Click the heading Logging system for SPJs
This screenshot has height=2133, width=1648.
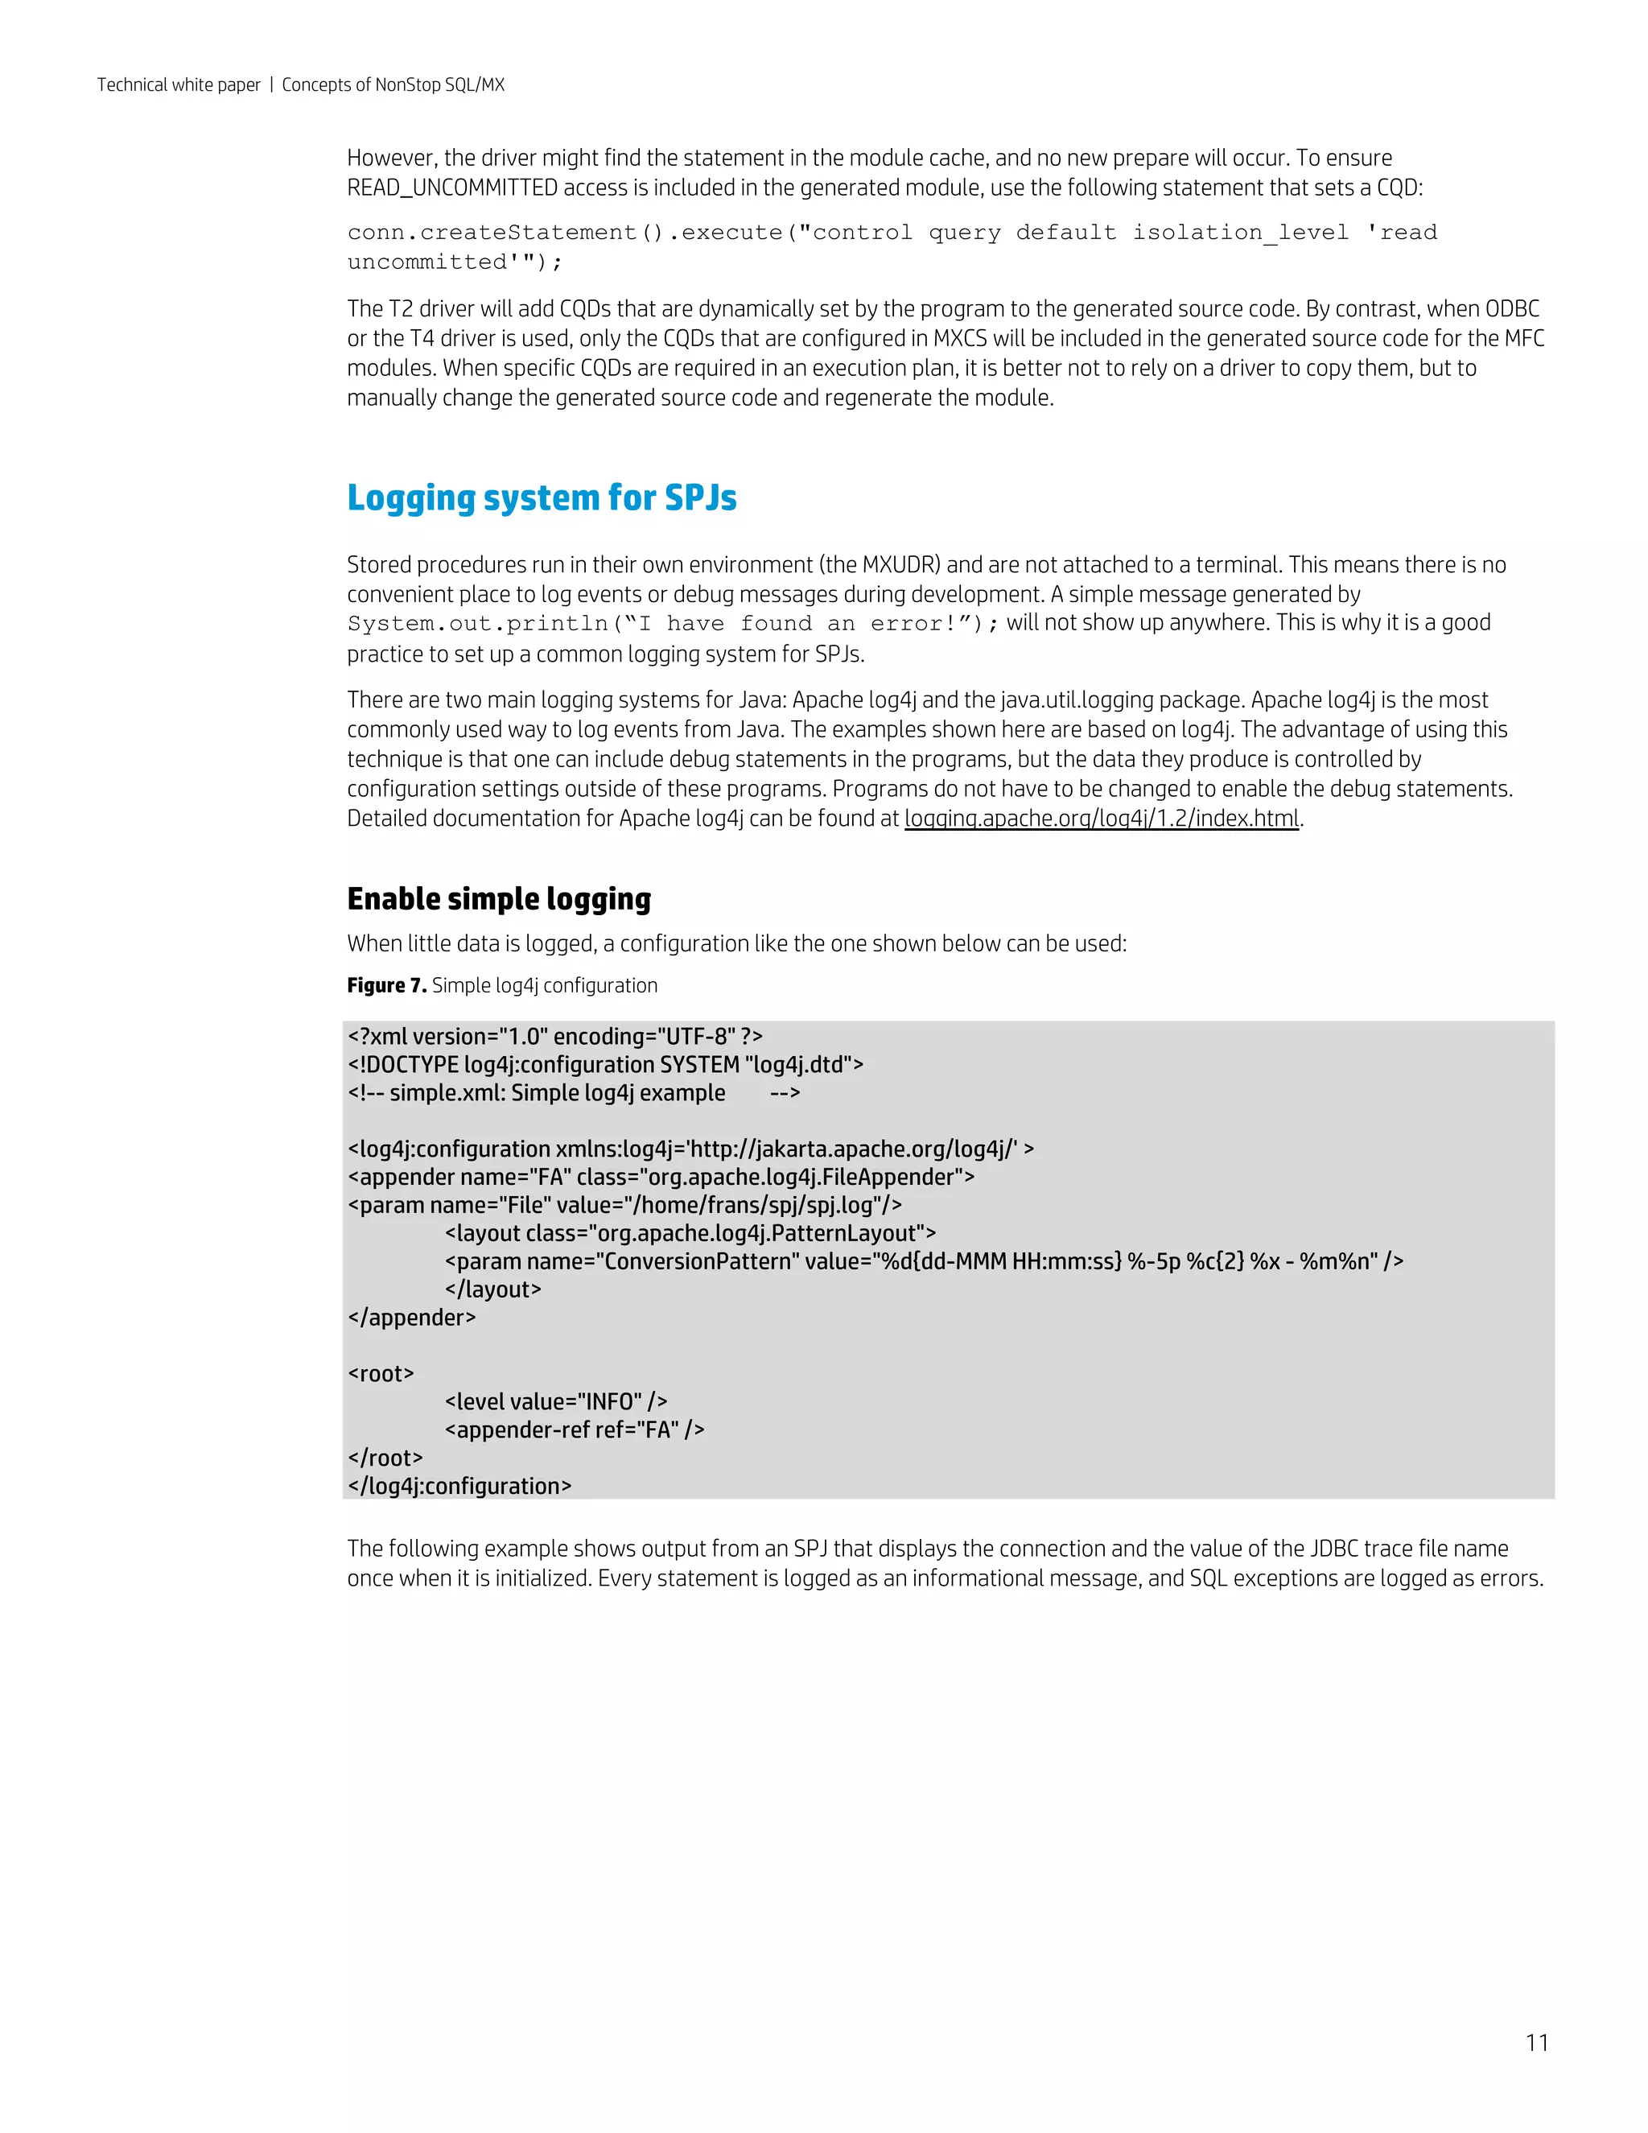tap(542, 498)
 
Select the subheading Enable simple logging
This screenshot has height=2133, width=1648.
tap(499, 898)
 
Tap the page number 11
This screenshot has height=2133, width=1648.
tap(1537, 2042)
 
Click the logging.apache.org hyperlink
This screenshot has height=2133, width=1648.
tap(1102, 819)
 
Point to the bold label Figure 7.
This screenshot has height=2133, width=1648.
tap(386, 985)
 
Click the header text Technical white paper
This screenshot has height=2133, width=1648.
tap(179, 85)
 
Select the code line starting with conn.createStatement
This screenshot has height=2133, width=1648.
tap(892, 233)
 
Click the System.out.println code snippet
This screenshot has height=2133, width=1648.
tap(673, 624)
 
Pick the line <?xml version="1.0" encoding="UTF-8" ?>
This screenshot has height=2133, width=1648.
tap(554, 1036)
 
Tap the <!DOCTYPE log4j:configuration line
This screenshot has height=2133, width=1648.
tap(605, 1065)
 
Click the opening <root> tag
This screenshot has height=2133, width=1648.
tap(381, 1374)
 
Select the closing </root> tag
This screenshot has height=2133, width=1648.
tap(385, 1458)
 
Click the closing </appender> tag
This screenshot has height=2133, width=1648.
tap(411, 1318)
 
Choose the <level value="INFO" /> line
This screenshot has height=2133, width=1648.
tap(555, 1402)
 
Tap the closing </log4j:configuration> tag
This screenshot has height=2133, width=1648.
tap(459, 1487)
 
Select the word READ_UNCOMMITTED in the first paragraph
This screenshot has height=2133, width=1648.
tap(452, 188)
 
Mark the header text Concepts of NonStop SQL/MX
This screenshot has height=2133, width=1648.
tap(393, 85)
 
